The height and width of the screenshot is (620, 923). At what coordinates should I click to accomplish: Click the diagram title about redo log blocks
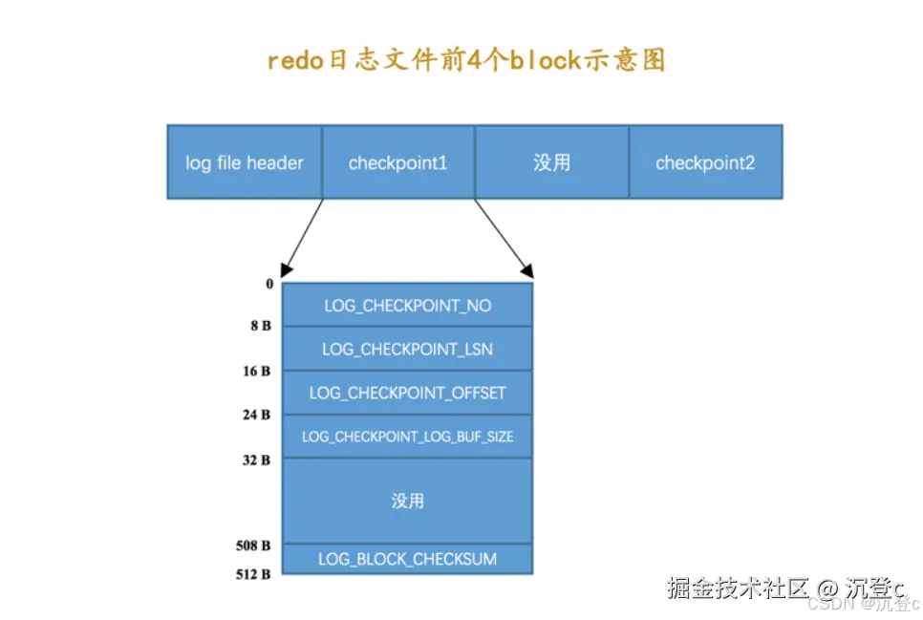[465, 59]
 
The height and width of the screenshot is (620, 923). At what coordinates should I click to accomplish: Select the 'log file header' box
[245, 162]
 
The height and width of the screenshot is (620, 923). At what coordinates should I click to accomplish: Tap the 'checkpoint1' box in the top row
[398, 162]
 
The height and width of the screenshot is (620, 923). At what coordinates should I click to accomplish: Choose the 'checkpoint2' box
[705, 162]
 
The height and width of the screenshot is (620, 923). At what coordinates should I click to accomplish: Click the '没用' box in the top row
[551, 162]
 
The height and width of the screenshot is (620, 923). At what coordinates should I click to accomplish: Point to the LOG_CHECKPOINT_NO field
[407, 306]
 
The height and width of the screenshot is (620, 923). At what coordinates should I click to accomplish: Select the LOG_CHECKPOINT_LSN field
[407, 350]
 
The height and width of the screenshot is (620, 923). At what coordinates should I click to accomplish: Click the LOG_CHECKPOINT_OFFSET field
[407, 393]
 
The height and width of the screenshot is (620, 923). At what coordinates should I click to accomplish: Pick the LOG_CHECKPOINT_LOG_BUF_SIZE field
[407, 437]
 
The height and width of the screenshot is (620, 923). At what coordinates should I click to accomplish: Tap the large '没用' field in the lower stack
[407, 501]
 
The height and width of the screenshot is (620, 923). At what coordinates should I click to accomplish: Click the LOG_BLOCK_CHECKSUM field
[407, 559]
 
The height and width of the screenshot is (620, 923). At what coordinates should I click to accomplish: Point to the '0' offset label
[269, 284]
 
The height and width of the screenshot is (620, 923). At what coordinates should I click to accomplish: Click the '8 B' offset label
[261, 326]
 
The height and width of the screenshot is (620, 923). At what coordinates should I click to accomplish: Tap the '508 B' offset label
[254, 545]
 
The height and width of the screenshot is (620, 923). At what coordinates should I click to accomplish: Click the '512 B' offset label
[254, 574]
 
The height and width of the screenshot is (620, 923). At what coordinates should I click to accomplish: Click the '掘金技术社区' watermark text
[726, 588]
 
